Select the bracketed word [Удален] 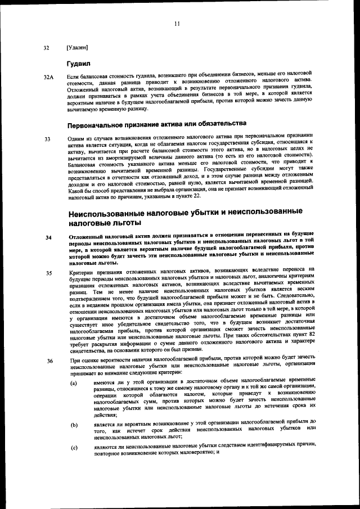tap(77, 48)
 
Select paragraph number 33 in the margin tap(47, 138)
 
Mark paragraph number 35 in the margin tap(48, 273)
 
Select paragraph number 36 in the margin tap(48, 361)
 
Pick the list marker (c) tap(74, 448)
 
